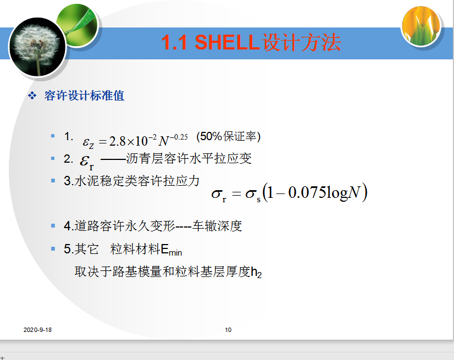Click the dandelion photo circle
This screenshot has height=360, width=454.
pos(37,47)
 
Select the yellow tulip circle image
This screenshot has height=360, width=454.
pos(421,26)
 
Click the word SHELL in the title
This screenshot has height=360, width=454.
pos(226,42)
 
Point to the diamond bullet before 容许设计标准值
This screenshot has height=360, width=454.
pos(32,96)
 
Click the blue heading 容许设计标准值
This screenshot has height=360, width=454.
pos(84,96)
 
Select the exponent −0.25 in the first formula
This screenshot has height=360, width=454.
pos(179,137)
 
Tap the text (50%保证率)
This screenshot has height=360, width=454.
pos(229,136)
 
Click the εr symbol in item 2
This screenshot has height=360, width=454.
pos(87,162)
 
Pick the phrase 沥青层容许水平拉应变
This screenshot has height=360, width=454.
pos(189,158)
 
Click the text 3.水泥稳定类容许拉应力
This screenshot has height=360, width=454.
pos(132,181)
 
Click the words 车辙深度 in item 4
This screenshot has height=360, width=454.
pos(217,226)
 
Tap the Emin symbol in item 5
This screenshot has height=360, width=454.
pos(171,250)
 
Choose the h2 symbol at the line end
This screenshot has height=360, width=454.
pos(256,272)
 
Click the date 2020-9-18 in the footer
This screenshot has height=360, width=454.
pos(37,330)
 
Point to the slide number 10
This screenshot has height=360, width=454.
pos(228,330)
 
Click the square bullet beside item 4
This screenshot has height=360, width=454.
pos(53,225)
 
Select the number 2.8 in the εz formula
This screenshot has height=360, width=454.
pos(118,141)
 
